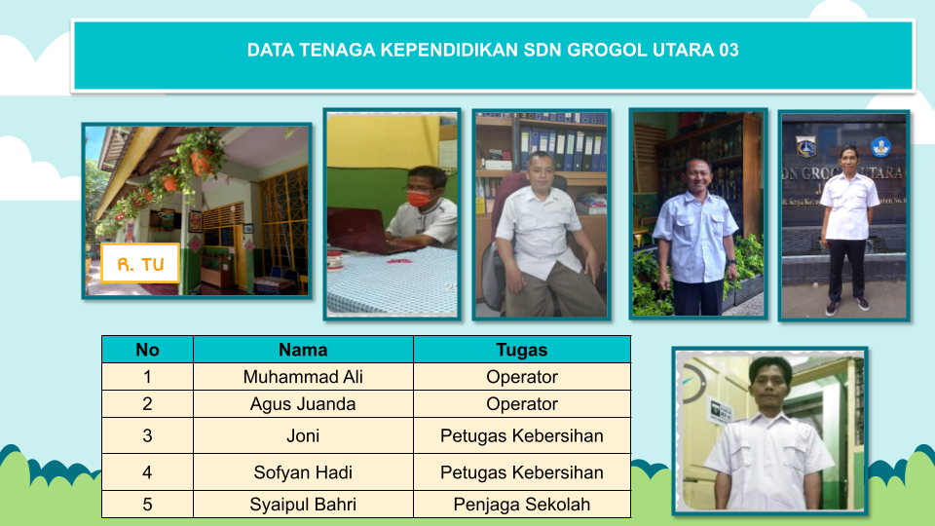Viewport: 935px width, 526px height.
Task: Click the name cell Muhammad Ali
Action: coord(303,377)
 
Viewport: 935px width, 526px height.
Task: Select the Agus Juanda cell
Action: coord(303,404)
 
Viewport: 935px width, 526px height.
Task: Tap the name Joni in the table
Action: coord(303,436)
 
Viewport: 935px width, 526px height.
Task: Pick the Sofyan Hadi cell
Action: coord(303,472)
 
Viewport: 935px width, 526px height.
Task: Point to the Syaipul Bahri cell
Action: coord(303,505)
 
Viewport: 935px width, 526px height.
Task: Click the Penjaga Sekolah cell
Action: coord(522,505)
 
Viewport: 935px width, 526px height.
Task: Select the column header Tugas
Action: coord(522,350)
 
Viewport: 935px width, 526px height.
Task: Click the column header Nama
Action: coord(303,350)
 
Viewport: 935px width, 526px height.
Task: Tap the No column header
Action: coord(147,350)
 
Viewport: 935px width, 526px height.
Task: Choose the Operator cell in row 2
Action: coord(522,404)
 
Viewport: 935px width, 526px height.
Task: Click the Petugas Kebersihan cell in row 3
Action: coord(522,436)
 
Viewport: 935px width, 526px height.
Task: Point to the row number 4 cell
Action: coord(147,472)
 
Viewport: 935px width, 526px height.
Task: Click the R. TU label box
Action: coord(140,263)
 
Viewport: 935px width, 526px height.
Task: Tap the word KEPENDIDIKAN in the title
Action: coord(450,50)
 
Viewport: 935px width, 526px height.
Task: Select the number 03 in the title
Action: coord(729,50)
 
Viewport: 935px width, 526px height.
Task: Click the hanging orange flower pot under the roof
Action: coord(202,161)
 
